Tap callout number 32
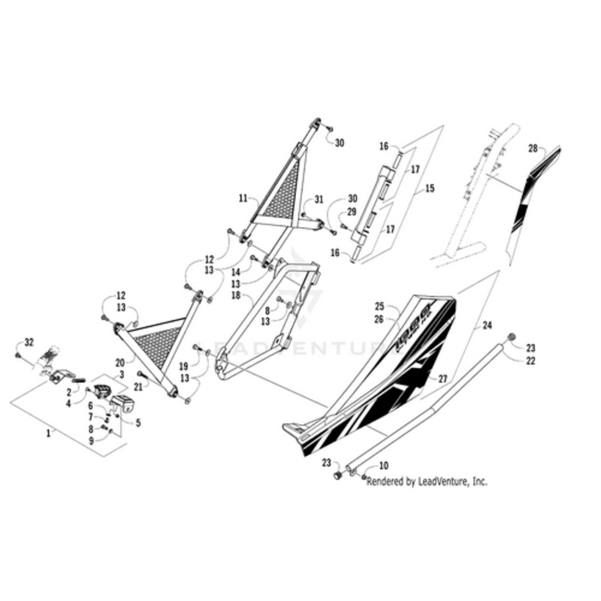29,342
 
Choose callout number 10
383,466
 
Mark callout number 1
50,434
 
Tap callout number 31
319,200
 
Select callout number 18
234,297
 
